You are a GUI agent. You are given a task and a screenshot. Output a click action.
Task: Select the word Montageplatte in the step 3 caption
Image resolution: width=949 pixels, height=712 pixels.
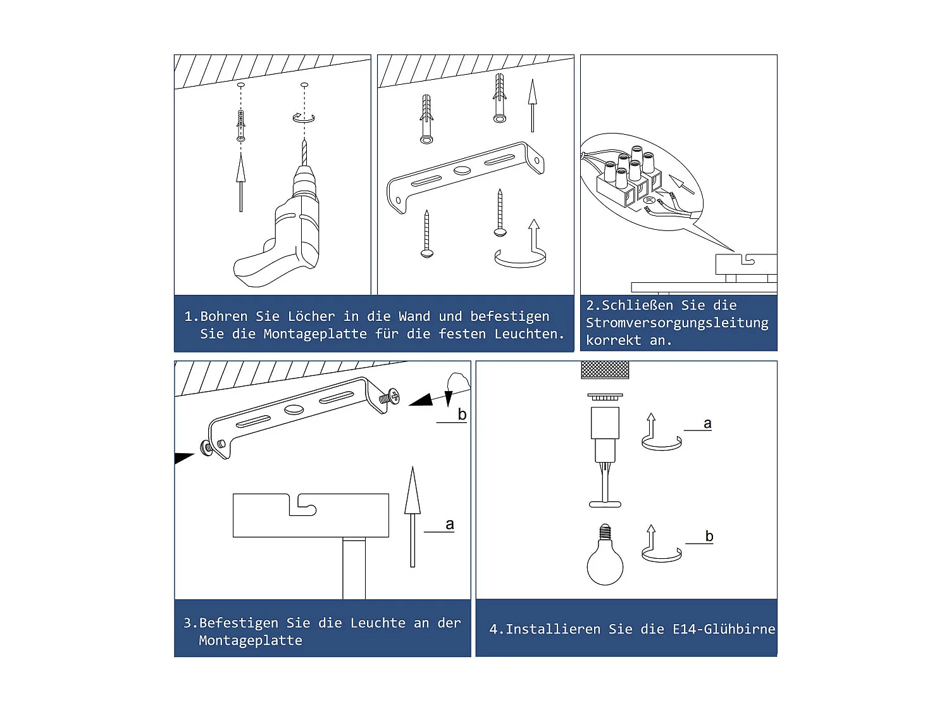click(x=251, y=640)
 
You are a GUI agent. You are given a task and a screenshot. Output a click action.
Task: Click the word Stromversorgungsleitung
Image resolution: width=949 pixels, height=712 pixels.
click(x=677, y=323)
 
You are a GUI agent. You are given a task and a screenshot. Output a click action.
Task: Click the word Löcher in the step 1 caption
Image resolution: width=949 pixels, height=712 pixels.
click(x=311, y=316)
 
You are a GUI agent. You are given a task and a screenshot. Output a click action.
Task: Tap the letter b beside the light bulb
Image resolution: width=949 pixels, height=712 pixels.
click(x=709, y=537)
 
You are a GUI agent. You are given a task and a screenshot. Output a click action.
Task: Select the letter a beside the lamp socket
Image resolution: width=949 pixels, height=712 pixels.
click(x=707, y=423)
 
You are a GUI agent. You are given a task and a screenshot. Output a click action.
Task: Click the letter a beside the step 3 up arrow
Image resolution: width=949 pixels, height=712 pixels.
click(x=450, y=525)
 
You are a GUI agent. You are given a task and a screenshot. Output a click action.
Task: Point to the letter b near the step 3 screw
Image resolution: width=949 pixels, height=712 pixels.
click(x=462, y=414)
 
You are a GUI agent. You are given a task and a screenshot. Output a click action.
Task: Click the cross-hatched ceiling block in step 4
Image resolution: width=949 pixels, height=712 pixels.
click(x=605, y=370)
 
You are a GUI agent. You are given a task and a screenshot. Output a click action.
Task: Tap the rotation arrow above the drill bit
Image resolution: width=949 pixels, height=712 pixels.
click(x=304, y=117)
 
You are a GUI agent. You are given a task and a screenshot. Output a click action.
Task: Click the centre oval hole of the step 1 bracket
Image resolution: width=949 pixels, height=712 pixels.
click(x=462, y=170)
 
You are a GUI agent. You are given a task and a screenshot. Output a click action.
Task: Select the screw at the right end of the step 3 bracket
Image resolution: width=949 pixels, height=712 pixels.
click(x=389, y=396)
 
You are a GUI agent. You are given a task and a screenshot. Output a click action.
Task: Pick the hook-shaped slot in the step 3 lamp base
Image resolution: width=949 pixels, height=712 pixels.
click(x=302, y=506)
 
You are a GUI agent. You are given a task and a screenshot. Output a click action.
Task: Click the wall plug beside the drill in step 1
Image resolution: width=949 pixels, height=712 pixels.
click(x=241, y=126)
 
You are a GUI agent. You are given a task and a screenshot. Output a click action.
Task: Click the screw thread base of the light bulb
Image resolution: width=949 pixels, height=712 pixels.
click(x=605, y=532)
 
